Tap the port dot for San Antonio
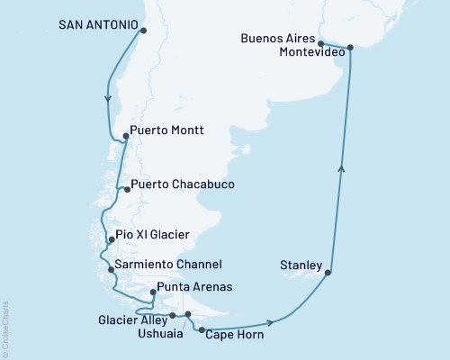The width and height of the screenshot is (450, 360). tap(144, 31)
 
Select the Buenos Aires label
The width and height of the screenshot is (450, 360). tap(280, 39)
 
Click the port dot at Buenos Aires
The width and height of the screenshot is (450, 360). tap(321, 43)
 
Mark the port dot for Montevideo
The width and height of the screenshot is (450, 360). tap(350, 48)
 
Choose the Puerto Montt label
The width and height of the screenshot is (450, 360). tap(166, 130)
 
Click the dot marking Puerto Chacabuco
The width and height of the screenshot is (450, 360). tap(127, 189)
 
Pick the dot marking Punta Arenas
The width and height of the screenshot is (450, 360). tap(153, 292)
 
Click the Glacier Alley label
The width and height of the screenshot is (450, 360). tap(130, 318)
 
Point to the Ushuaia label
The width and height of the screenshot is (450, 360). tap(157, 332)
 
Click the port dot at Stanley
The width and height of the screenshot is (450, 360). tap(330, 272)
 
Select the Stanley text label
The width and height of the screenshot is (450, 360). tap(301, 265)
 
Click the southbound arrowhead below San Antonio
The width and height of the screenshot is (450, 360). tap(108, 99)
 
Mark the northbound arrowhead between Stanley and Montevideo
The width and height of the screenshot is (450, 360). tap(340, 166)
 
